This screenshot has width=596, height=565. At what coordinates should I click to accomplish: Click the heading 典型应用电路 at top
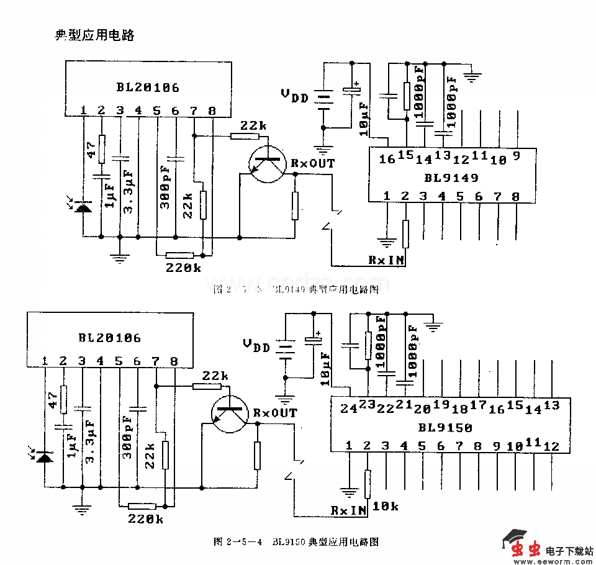[94, 35]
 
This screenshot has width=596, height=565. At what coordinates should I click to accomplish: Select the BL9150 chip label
[445, 428]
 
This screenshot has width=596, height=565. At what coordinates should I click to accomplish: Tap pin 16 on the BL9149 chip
[387, 159]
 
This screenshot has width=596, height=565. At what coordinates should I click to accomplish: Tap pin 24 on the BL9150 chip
[348, 408]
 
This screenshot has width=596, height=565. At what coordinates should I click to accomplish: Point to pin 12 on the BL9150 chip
[551, 446]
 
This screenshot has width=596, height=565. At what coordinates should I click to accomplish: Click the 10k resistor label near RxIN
[386, 507]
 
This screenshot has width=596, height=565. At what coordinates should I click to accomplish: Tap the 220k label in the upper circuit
[183, 268]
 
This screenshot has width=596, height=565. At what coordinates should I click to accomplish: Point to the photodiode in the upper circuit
[81, 206]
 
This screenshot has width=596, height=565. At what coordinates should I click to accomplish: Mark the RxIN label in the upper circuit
[386, 260]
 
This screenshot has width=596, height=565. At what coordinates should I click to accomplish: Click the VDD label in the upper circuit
[294, 96]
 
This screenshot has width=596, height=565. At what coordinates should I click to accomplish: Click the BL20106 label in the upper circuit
[148, 87]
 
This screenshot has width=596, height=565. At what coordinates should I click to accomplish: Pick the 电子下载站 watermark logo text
[570, 550]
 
